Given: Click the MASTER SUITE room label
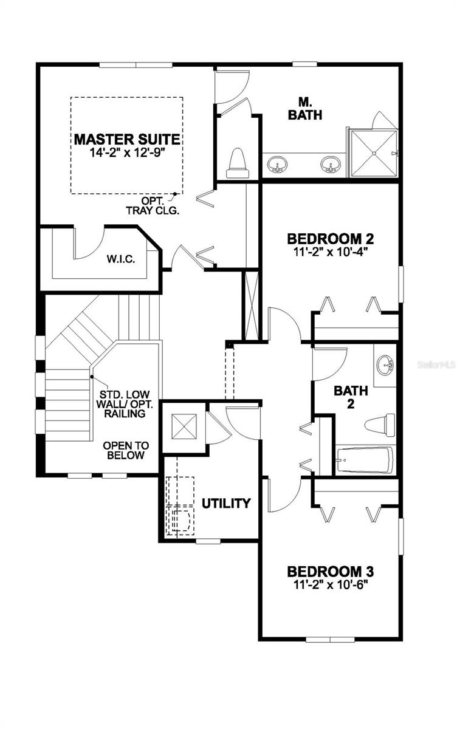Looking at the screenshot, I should point(127,139).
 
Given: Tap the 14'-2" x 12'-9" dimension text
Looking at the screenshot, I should point(127,152).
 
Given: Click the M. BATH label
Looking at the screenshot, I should point(305,109).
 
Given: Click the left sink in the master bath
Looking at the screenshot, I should point(279,164).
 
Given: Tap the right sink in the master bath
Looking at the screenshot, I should point(331,164).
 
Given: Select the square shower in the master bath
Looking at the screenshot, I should point(372,153).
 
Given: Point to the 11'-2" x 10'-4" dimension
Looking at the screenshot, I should point(330,252).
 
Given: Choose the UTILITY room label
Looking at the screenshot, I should point(226,503).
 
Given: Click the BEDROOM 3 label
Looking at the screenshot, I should point(330,572).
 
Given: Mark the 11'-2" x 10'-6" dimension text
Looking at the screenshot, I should point(330,585).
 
